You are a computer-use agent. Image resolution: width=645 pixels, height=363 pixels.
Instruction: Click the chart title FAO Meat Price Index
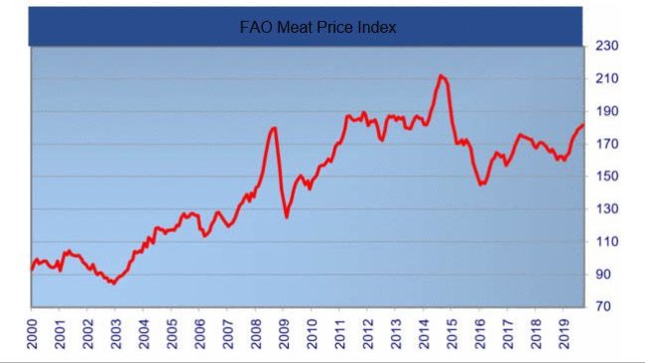(x=318, y=28)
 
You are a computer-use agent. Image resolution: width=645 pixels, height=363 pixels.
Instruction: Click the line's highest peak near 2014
(x=442, y=75)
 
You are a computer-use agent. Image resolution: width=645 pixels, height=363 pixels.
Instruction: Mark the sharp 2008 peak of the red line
(x=274, y=127)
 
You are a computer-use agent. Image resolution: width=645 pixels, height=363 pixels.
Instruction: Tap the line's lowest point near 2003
(x=113, y=284)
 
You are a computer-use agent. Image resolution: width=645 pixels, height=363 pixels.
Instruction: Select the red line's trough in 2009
(x=287, y=217)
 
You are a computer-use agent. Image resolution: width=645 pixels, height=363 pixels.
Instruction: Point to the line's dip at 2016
(x=481, y=184)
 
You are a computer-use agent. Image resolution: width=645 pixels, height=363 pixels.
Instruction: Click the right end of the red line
(x=583, y=125)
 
